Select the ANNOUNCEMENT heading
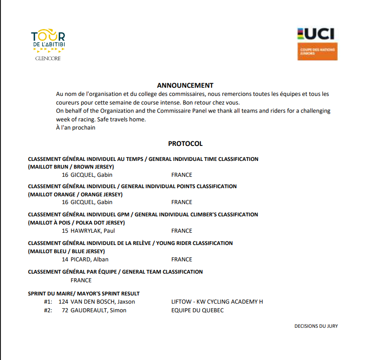(185, 85)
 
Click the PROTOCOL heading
(185, 144)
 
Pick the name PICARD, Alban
(90, 260)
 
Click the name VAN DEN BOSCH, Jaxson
(103, 302)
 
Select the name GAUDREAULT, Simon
(98, 310)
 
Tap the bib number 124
(64, 302)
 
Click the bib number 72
(65, 310)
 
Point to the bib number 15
(65, 231)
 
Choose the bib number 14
(65, 260)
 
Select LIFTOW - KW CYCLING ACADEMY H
(217, 302)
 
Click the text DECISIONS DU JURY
(316, 326)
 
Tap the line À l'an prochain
(75, 128)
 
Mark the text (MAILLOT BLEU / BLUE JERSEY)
(66, 251)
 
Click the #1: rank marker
(48, 302)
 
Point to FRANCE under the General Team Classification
(81, 280)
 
